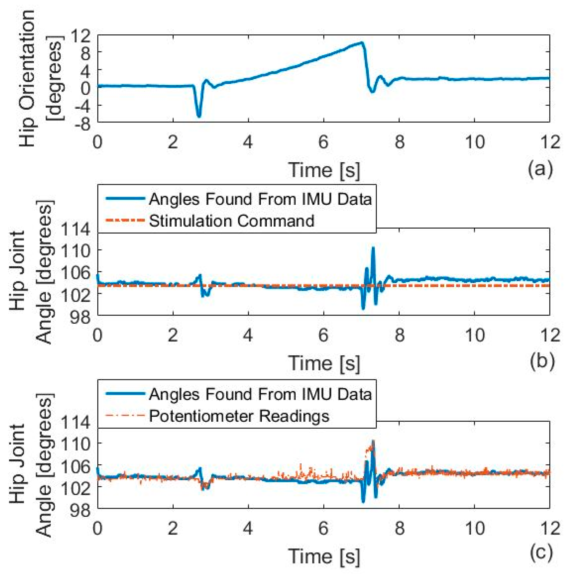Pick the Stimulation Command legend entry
[231, 221]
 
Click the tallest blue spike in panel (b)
[373, 248]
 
